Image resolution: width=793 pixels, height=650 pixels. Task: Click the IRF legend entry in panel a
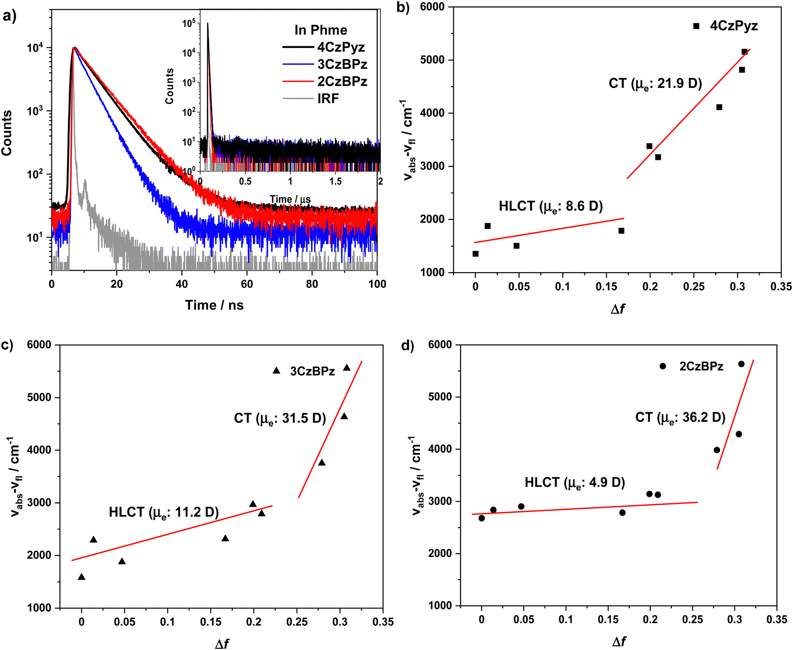tap(328, 99)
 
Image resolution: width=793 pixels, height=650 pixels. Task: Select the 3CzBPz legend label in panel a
tap(342, 64)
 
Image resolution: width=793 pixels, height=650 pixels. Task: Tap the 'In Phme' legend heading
tap(321, 30)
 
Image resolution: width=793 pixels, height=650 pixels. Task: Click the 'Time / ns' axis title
tap(214, 305)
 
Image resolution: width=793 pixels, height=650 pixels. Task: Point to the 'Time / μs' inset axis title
tap(290, 199)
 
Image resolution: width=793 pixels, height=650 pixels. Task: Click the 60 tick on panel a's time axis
tap(247, 284)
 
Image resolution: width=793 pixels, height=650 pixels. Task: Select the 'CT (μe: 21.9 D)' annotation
tap(655, 84)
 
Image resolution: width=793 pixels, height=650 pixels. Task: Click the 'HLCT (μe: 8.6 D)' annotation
tap(550, 206)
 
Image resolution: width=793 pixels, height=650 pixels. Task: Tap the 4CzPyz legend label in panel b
tap(734, 26)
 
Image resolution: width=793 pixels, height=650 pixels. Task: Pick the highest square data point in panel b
tap(744, 52)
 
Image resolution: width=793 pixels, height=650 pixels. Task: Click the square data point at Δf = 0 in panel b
tap(475, 254)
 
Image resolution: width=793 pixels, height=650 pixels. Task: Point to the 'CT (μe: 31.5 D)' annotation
tap(280, 419)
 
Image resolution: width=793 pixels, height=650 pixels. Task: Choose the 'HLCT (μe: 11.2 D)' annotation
tap(164, 512)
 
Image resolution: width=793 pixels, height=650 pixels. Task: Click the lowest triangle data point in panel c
tap(81, 577)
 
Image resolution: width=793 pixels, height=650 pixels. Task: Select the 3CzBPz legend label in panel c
tap(313, 371)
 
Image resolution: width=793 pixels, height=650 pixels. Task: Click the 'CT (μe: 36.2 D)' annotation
tap(680, 418)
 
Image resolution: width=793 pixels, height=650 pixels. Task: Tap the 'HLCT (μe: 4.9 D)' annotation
tap(575, 483)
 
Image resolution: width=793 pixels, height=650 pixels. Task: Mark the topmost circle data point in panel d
tap(741, 364)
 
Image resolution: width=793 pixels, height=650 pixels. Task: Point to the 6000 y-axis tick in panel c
tap(39, 345)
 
